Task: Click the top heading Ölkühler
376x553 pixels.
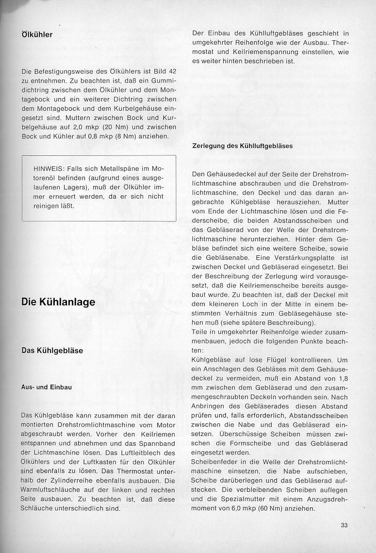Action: (x=37, y=35)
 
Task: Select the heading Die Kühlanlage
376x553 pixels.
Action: (x=58, y=302)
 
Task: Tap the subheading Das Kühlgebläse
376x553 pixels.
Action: (x=52, y=351)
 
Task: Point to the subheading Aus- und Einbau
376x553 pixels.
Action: (x=47, y=387)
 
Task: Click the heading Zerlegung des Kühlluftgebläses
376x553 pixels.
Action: (x=243, y=146)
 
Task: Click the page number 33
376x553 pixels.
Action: (x=344, y=525)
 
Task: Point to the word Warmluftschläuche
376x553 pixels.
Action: (x=51, y=491)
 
